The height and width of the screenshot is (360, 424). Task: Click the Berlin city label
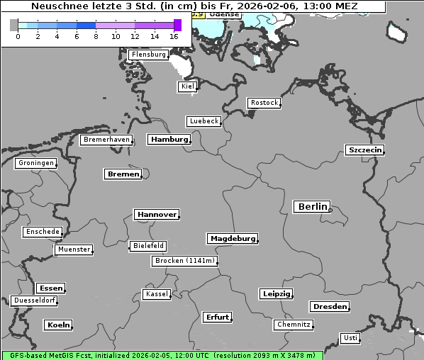(312, 207)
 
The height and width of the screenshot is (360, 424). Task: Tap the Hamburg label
(169, 140)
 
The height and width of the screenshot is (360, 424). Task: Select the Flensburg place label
(148, 55)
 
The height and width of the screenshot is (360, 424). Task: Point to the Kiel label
(187, 86)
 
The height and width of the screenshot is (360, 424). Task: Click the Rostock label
(264, 103)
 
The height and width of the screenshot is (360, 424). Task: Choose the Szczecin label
(365, 150)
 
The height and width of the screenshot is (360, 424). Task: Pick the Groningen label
(35, 163)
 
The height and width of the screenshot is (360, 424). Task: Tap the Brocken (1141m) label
(184, 261)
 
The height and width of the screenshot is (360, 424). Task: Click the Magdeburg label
(233, 239)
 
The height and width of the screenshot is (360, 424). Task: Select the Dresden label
(329, 307)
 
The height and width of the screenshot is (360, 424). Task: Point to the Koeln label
(58, 325)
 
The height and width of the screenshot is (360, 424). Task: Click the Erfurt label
(217, 317)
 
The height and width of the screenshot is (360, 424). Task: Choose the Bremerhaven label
(106, 140)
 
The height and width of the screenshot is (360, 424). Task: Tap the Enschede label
(42, 232)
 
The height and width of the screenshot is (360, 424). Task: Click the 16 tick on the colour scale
(174, 36)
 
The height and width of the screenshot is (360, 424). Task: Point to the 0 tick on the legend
(18, 36)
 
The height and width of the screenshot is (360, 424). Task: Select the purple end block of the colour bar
(177, 25)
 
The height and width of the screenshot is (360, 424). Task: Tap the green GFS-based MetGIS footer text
(162, 355)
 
